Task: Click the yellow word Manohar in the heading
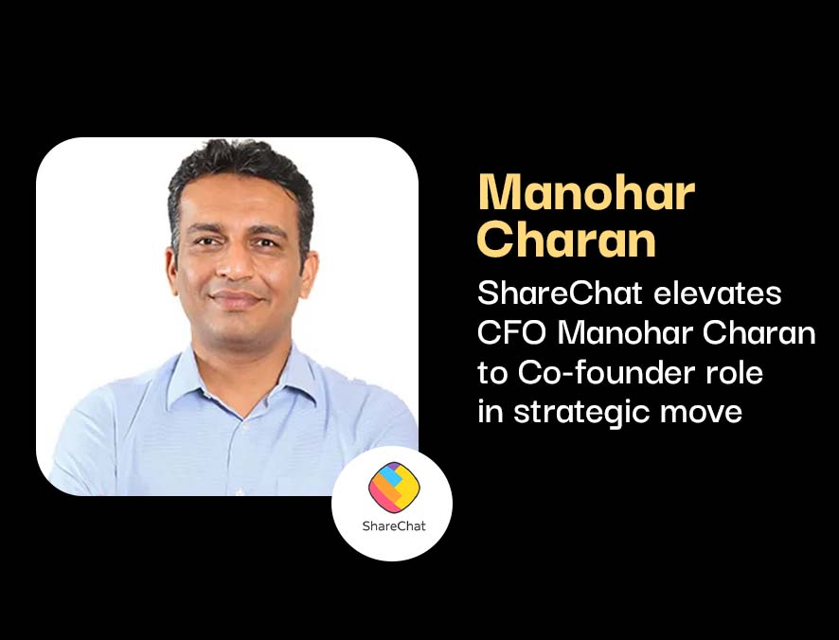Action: pyautogui.click(x=586, y=192)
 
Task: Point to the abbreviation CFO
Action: pyautogui.click(x=511, y=333)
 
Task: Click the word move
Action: pyautogui.click(x=701, y=414)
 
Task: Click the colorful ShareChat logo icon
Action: pyautogui.click(x=394, y=487)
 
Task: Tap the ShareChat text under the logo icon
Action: pyautogui.click(x=394, y=526)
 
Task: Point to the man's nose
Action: pyautogui.click(x=236, y=265)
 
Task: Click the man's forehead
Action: pyautogui.click(x=238, y=201)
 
